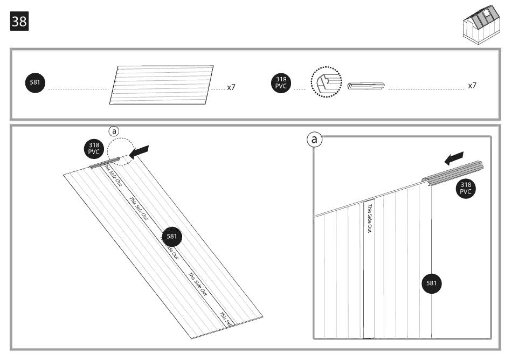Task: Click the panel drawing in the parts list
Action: click(162, 85)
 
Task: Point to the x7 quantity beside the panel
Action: click(231, 86)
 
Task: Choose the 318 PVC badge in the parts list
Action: click(281, 84)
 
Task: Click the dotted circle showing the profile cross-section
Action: click(326, 84)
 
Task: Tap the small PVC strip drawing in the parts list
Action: click(366, 86)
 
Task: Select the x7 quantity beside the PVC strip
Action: click(472, 86)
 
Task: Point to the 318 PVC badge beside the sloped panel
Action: click(93, 149)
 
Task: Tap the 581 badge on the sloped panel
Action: click(172, 236)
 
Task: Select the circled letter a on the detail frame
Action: click(314, 140)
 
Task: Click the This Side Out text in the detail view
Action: click(370, 218)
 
